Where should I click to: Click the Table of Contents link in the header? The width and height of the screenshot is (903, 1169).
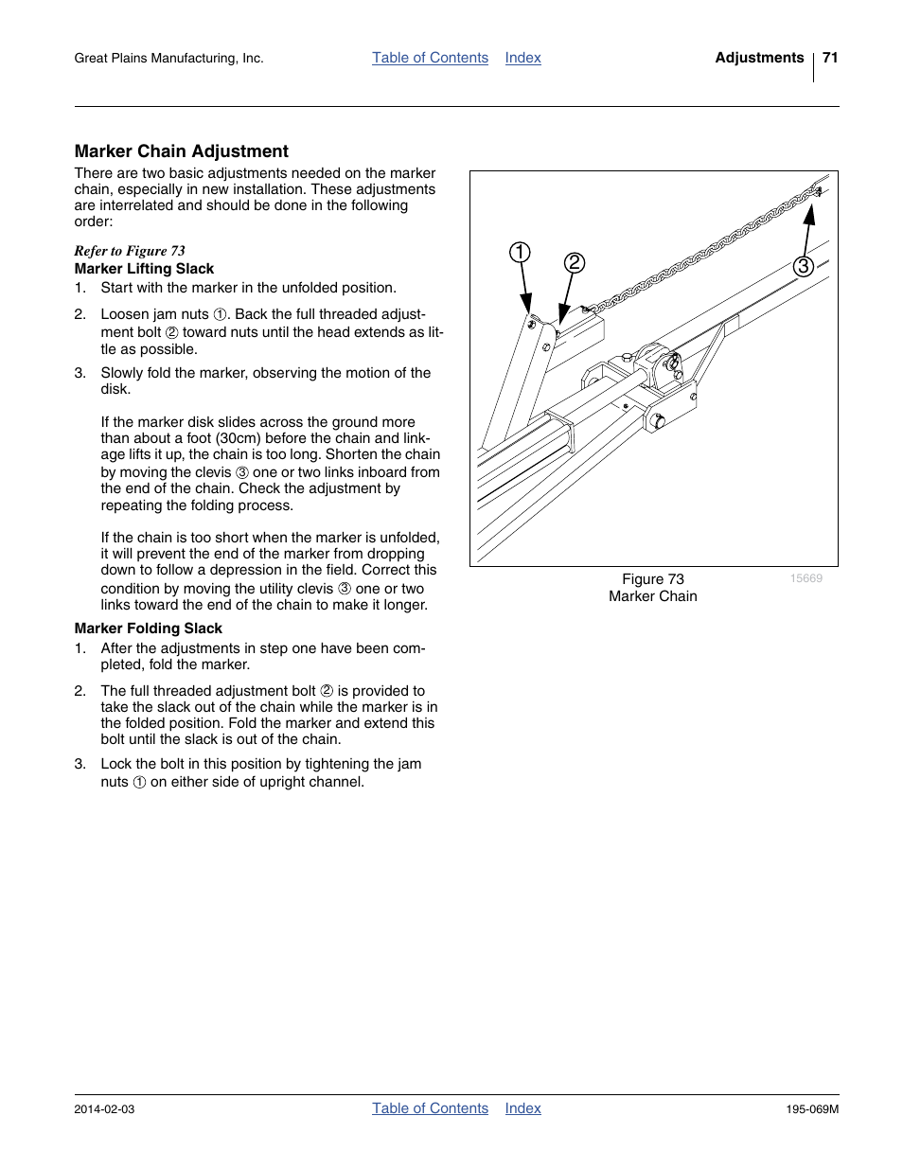pos(430,58)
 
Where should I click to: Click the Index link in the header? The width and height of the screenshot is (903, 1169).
pos(522,58)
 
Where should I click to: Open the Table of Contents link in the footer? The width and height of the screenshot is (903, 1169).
pos(430,1108)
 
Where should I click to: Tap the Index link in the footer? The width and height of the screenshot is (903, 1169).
pos(522,1108)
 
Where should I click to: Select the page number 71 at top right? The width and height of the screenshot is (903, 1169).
pos(830,58)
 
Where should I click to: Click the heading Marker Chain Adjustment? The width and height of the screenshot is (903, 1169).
pos(181,151)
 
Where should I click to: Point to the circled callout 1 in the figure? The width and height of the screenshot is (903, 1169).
pos(520,253)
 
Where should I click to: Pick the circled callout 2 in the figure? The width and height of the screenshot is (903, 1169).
pos(574,263)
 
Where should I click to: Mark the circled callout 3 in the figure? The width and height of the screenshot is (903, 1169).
pos(803,266)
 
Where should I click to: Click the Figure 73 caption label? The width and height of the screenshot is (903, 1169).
pos(652,579)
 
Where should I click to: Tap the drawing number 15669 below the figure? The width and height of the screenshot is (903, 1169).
pos(806,578)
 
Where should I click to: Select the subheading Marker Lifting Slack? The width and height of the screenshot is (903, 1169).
pos(144,269)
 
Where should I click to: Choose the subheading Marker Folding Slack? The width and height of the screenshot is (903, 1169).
pos(148,629)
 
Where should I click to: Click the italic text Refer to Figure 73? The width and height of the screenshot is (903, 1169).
pos(130,251)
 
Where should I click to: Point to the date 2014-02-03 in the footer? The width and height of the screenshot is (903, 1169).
pos(104,1109)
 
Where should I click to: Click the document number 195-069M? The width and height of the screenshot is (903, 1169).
pos(811,1109)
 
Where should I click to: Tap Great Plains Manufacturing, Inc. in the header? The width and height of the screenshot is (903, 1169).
pos(168,59)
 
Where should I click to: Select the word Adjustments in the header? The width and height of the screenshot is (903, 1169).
pos(759,58)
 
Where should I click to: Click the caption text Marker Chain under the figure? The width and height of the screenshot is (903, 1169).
pos(652,596)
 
